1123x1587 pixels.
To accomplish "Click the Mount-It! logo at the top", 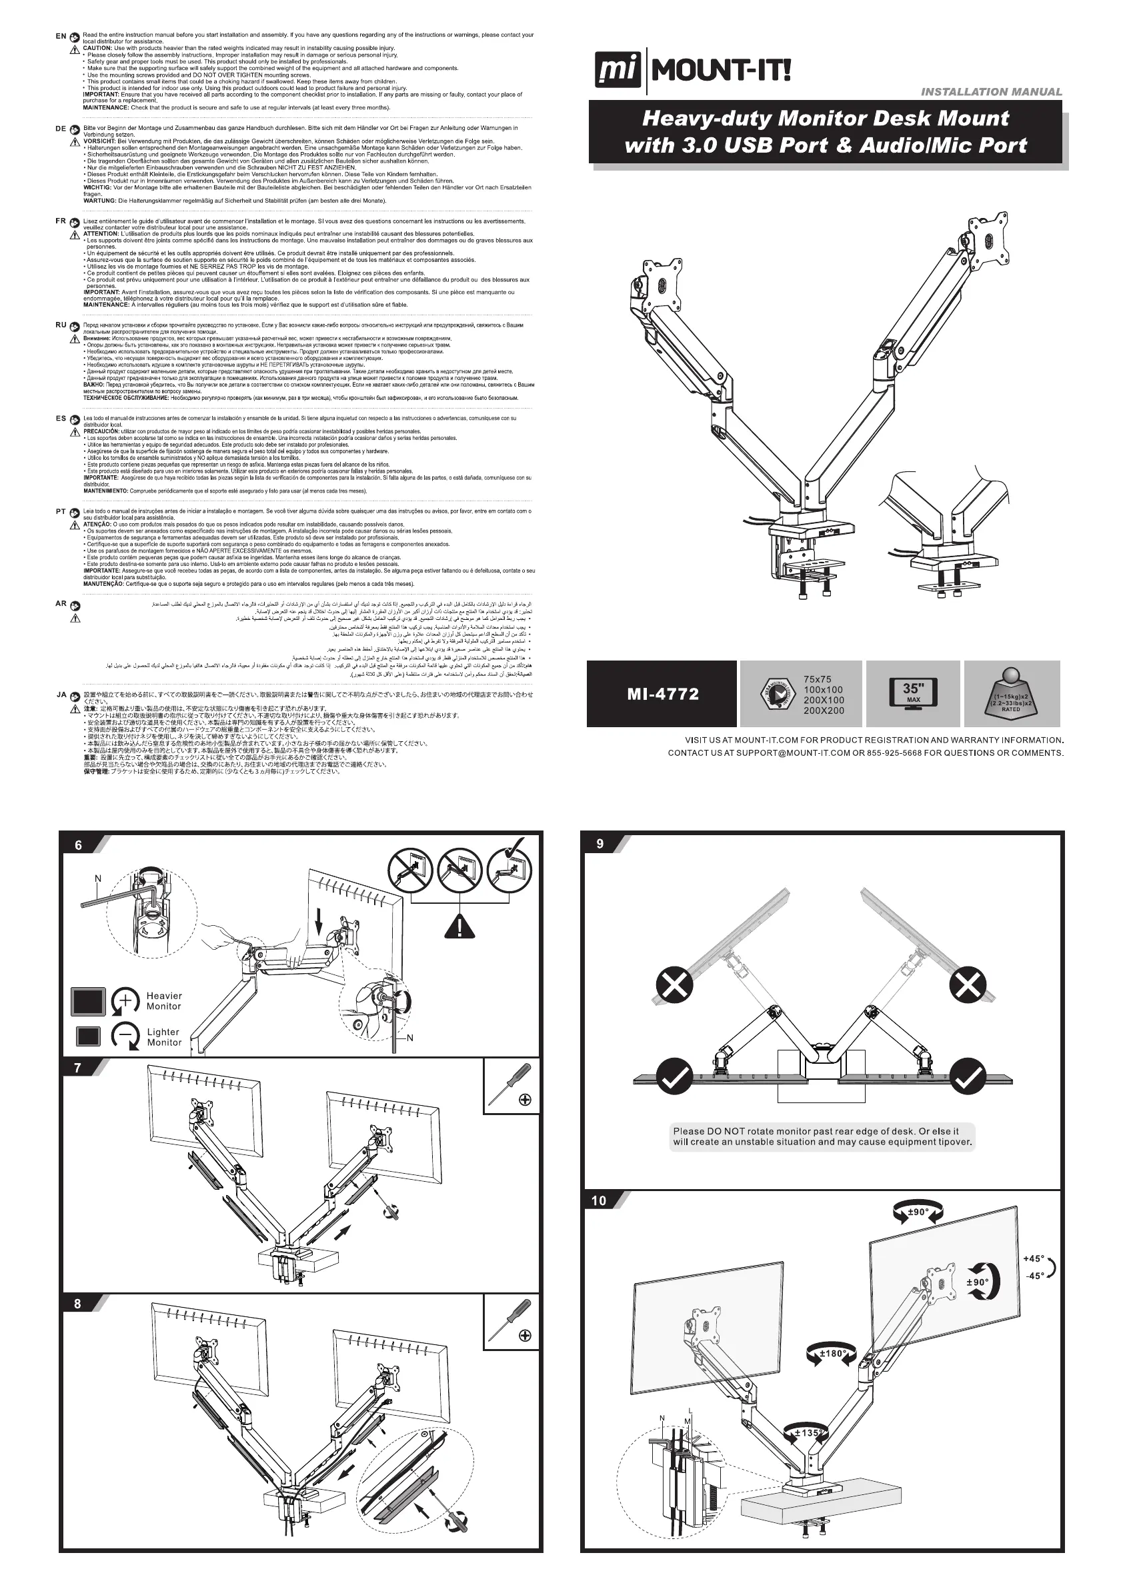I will click(x=692, y=71).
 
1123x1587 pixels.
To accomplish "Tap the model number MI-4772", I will click(x=662, y=694).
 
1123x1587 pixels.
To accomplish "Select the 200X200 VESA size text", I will click(x=824, y=711).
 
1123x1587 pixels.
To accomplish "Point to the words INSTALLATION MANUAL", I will click(x=991, y=92).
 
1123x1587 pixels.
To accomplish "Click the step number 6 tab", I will click(x=79, y=844).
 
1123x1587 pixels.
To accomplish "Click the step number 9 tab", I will click(x=600, y=843).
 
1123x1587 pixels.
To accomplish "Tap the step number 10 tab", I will click(x=599, y=1200).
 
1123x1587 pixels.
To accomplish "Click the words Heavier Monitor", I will click(x=164, y=1001).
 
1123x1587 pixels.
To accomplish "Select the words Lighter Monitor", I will click(x=164, y=1037).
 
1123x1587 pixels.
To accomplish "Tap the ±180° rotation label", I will click(x=832, y=1353).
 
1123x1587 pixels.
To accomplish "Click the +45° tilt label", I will click(x=1034, y=1258).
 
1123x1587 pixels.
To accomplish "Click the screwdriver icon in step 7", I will click(x=509, y=1084).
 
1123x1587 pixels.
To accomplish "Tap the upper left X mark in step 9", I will click(x=674, y=984).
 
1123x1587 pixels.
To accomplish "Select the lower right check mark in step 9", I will click(x=969, y=1076).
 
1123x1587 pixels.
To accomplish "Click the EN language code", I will click(x=61, y=36).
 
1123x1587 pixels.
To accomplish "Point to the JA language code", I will click(x=61, y=695).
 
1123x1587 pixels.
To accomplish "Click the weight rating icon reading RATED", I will click(x=1011, y=693).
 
